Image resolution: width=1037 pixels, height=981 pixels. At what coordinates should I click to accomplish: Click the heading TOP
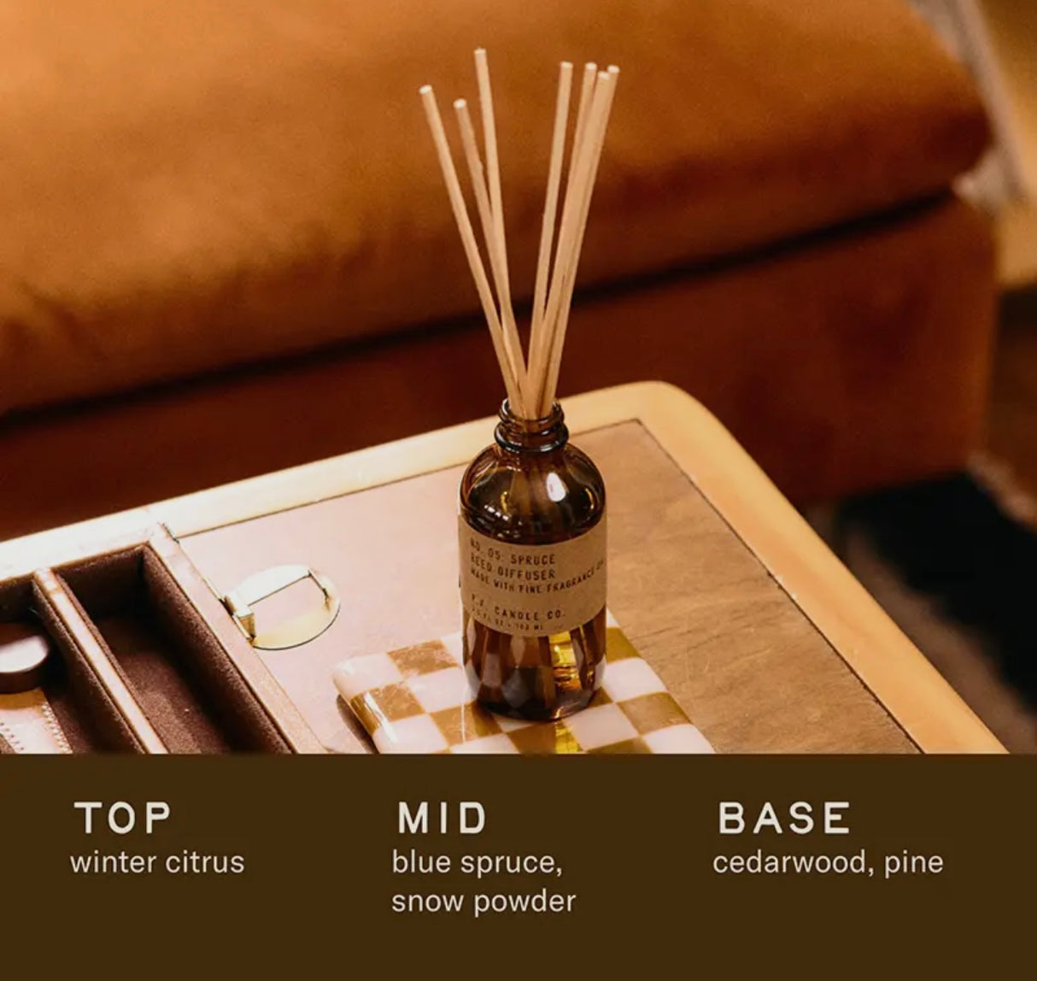pyautogui.click(x=122, y=818)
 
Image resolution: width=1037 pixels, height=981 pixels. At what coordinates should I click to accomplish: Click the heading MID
pyautogui.click(x=442, y=818)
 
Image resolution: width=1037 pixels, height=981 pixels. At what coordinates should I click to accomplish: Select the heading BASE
pyautogui.click(x=784, y=818)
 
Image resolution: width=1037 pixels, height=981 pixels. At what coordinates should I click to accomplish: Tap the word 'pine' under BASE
pyautogui.click(x=914, y=862)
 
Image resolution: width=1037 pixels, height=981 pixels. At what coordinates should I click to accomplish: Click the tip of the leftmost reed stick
pyautogui.click(x=425, y=89)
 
